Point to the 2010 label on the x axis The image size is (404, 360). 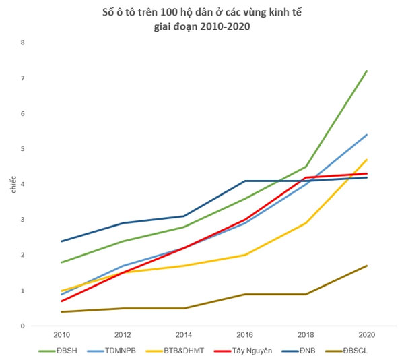[62, 334]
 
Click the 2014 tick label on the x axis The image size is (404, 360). [184, 334]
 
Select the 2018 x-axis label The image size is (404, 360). [306, 334]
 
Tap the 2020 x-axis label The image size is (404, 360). [366, 334]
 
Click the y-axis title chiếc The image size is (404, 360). [12, 184]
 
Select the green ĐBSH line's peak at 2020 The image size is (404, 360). [366, 71]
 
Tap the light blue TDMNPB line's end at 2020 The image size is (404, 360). [366, 135]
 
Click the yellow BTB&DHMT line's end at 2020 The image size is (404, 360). [366, 160]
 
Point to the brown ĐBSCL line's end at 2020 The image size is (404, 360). [366, 266]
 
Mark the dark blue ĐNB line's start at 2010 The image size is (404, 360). [62, 241]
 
